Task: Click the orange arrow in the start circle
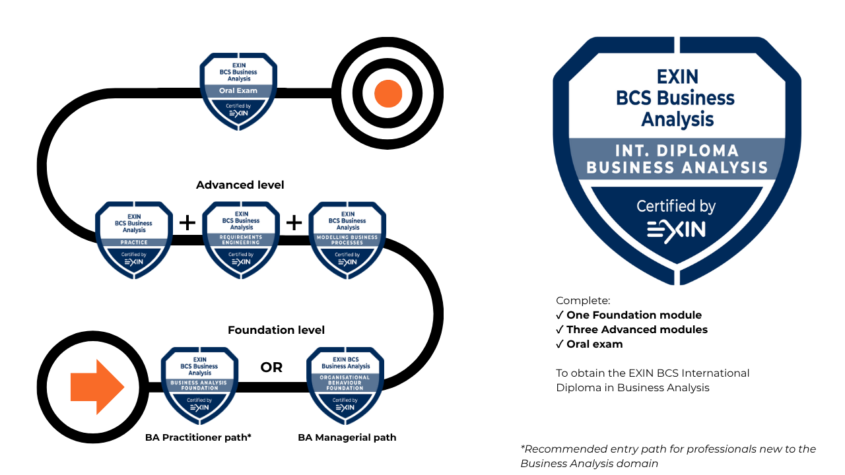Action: [x=96, y=387]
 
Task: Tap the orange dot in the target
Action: [x=388, y=93]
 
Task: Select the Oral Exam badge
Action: [x=238, y=91]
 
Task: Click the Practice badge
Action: [x=134, y=239]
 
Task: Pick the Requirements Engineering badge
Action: [x=241, y=239]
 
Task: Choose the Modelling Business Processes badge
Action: [x=347, y=239]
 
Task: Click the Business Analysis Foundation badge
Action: [x=200, y=385]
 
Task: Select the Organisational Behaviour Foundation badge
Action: [x=345, y=385]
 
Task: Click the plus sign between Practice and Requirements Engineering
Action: [x=187, y=223]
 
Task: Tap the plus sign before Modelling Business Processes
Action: [x=294, y=223]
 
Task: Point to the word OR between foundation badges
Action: [x=271, y=367]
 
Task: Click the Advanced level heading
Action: [x=240, y=185]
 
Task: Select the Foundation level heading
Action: [x=276, y=330]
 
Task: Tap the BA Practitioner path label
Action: [x=198, y=437]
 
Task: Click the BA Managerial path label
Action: [x=347, y=437]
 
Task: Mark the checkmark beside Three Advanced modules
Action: [x=560, y=330]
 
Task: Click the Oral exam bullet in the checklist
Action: [x=594, y=344]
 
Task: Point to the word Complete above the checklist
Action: [x=583, y=301]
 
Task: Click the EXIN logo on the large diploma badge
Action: [x=676, y=229]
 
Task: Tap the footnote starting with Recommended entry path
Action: [x=668, y=456]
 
